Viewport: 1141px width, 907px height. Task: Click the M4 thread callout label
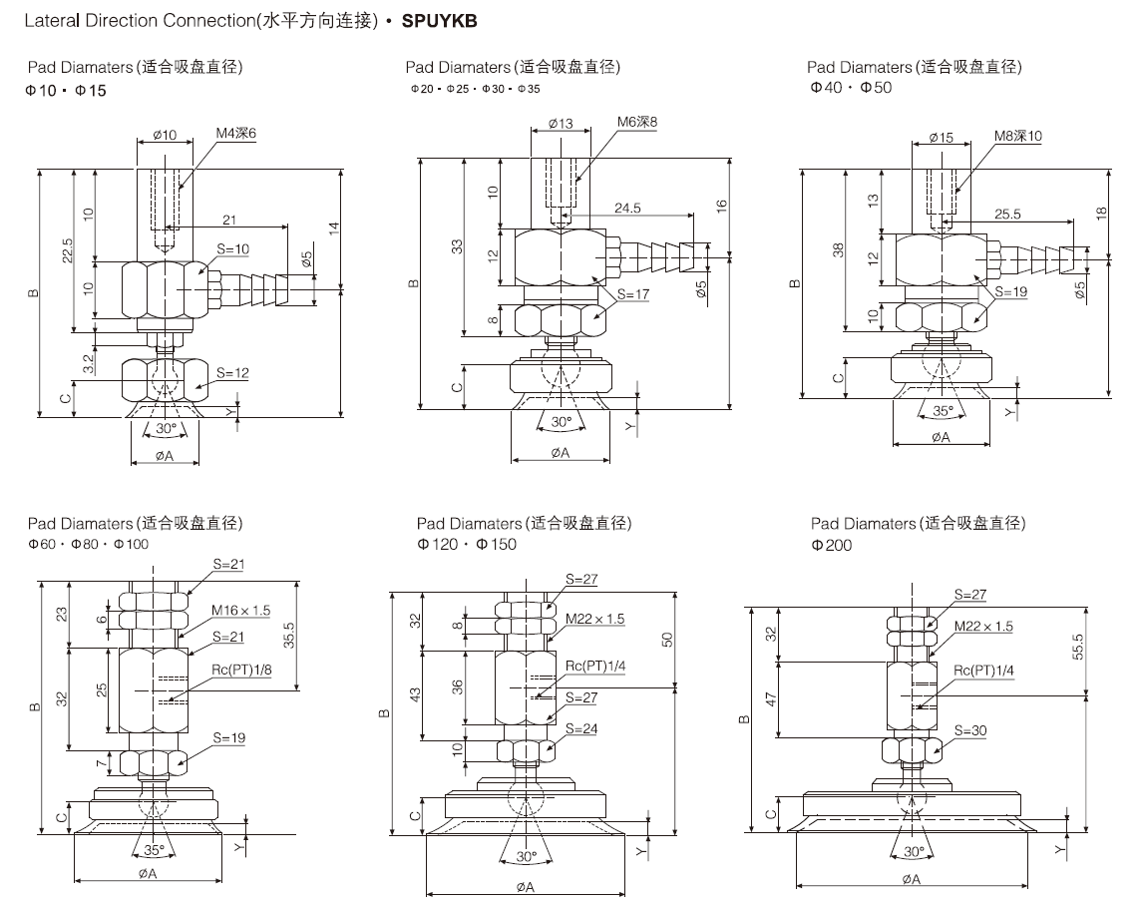coord(236,133)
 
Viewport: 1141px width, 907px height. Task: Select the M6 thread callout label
coord(637,123)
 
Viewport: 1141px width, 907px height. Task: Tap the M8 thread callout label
coord(1016,136)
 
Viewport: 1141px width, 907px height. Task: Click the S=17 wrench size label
coord(633,294)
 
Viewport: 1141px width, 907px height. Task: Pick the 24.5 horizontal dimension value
coord(627,208)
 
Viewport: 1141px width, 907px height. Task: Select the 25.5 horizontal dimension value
coord(1008,214)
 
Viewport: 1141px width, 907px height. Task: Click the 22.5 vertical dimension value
coord(67,252)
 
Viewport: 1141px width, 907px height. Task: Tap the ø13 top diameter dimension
coord(560,124)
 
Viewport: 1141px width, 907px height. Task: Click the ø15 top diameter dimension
coord(941,137)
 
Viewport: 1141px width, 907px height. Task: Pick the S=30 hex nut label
coord(970,730)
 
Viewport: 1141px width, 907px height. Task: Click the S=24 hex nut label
coord(581,728)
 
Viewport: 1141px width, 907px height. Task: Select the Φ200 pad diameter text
coord(832,545)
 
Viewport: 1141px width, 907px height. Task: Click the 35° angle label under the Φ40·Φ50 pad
coord(942,410)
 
